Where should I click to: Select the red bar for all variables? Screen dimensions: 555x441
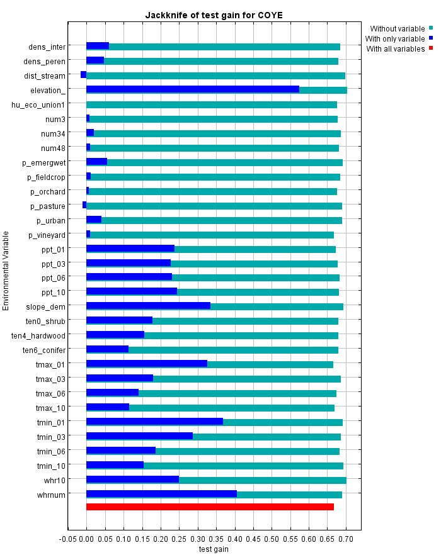(x=210, y=507)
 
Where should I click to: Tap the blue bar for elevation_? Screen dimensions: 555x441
(x=192, y=89)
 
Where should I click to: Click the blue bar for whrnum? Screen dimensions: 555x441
(x=161, y=494)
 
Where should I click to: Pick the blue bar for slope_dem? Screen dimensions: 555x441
(x=148, y=306)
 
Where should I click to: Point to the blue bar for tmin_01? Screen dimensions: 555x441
(x=154, y=422)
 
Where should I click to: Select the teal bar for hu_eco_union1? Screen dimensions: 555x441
(x=212, y=104)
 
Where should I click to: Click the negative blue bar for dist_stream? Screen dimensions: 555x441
(x=83, y=75)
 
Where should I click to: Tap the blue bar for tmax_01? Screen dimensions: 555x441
(x=146, y=364)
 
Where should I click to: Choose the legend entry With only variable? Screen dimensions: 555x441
(x=395, y=38)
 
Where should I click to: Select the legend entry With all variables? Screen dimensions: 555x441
(x=395, y=48)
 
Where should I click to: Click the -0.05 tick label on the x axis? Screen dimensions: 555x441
(x=67, y=539)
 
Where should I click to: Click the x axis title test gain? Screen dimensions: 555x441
(x=214, y=549)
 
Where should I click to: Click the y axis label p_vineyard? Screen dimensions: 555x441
(x=47, y=235)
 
